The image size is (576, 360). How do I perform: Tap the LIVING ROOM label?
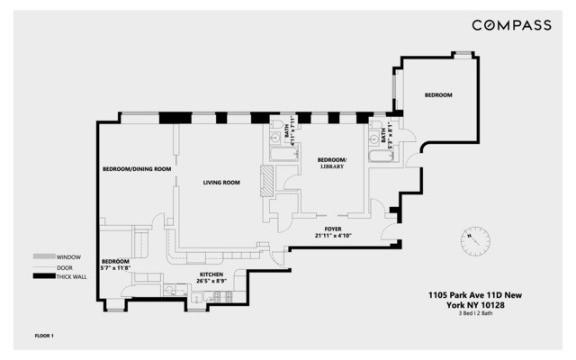[220, 183]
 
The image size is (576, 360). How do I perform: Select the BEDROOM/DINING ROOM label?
[136, 169]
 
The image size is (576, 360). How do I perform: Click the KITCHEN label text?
[211, 273]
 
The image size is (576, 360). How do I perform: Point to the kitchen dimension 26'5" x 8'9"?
[211, 280]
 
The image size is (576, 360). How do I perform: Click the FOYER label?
[332, 229]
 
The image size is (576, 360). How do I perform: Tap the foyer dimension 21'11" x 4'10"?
[332, 237]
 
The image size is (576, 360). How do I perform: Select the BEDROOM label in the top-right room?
[438, 95]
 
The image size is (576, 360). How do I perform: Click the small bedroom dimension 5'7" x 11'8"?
[116, 267]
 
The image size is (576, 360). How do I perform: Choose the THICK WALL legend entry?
[59, 275]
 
